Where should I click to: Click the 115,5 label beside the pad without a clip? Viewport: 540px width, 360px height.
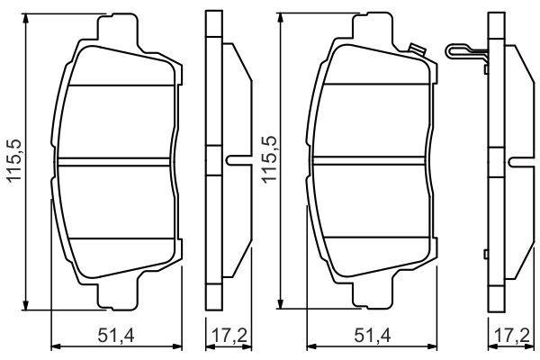(14, 160)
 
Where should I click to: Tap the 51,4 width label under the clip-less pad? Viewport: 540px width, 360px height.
(116, 335)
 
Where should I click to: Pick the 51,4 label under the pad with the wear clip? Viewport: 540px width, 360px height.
(373, 335)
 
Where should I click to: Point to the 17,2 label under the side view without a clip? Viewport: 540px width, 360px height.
(229, 335)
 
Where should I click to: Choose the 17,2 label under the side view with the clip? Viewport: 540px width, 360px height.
(512, 335)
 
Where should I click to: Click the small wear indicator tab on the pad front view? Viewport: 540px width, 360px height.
(417, 50)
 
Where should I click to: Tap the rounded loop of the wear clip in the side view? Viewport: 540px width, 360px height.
(451, 51)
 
